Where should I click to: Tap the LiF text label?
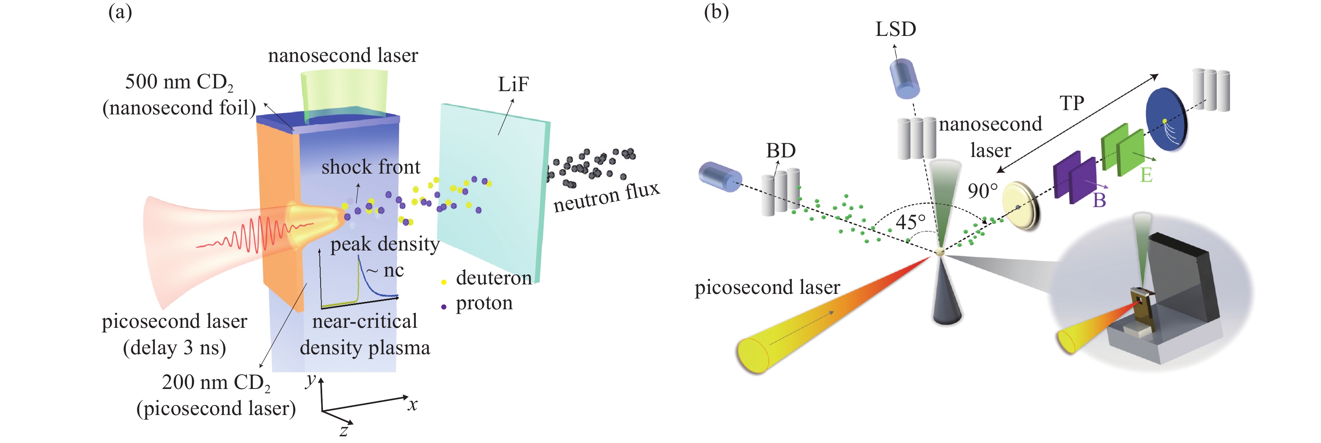tap(513, 84)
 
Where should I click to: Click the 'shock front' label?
tap(370, 167)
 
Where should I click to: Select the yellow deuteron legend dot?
tap(444, 282)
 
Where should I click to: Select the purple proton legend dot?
tap(444, 307)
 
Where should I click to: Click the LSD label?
tap(895, 29)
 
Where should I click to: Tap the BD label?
tap(781, 151)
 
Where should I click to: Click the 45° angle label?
tap(911, 222)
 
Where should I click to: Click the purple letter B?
tap(1099, 200)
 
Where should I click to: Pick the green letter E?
tap(1146, 175)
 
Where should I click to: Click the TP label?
tap(1072, 103)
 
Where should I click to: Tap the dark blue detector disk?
tap(1165, 119)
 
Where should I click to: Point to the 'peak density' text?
tap(385, 244)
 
